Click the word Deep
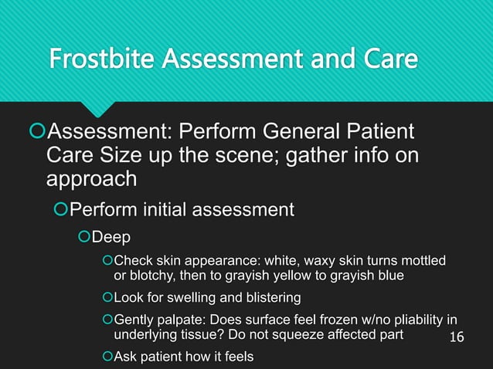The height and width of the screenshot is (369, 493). tap(111, 235)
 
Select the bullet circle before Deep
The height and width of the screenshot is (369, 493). tap(85, 235)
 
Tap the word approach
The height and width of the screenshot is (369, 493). tap(91, 179)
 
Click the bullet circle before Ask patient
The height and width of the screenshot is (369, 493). tap(107, 357)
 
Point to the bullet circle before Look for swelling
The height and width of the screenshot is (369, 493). tap(107, 297)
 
